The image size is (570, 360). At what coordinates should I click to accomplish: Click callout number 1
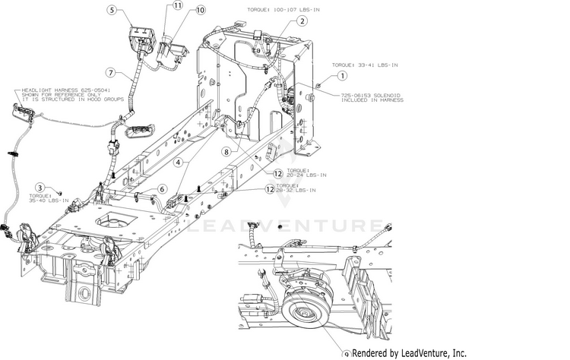(x=342, y=75)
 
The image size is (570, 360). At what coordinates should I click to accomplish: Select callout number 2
(x=302, y=21)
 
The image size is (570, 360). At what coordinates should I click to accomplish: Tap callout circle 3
(x=39, y=187)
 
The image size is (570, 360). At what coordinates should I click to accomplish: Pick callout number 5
(x=112, y=11)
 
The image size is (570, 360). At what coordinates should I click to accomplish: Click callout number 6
(x=162, y=188)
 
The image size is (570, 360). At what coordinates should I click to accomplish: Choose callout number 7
(x=111, y=73)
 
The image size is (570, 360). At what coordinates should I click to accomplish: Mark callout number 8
(x=226, y=151)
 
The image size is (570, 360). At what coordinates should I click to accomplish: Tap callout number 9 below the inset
(x=347, y=354)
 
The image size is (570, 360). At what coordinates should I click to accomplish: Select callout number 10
(x=201, y=11)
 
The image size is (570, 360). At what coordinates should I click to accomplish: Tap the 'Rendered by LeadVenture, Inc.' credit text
(x=410, y=353)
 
